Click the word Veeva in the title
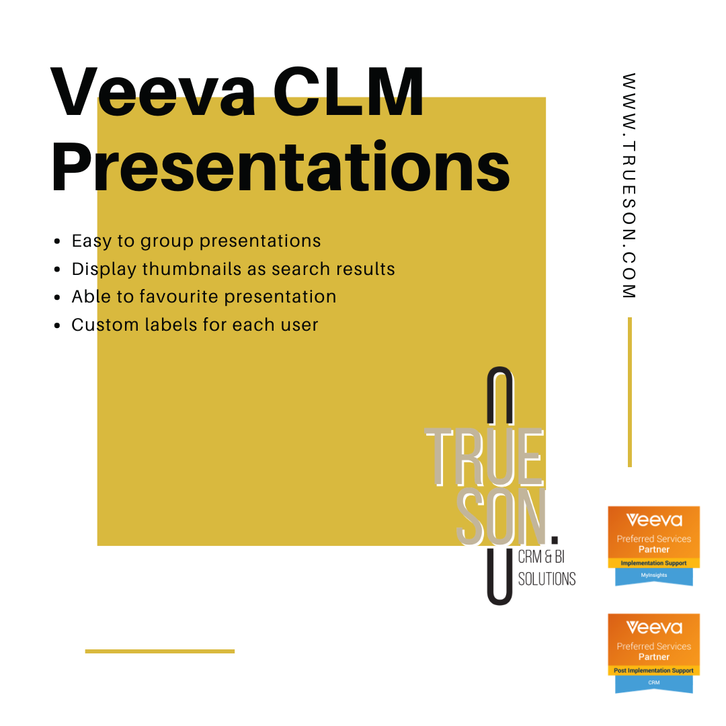point(153,91)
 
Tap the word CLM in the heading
point(348,91)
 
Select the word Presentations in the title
point(280,167)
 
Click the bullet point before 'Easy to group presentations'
point(57,241)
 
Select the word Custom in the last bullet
point(105,325)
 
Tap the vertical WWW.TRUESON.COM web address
point(629,186)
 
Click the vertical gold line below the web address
point(630,392)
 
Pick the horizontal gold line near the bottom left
point(160,651)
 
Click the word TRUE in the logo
point(484,458)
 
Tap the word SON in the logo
point(501,517)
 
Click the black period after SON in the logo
point(555,539)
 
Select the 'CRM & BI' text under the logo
point(541,557)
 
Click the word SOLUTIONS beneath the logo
point(547,579)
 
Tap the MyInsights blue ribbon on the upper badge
point(654,577)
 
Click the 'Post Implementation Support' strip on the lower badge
point(654,670)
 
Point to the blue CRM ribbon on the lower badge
point(654,684)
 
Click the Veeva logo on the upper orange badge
point(654,520)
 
